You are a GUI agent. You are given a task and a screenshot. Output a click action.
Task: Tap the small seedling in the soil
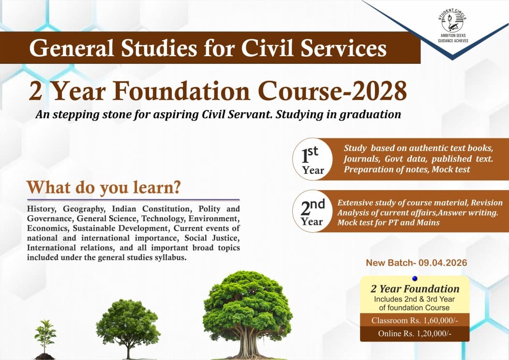(x=45, y=339)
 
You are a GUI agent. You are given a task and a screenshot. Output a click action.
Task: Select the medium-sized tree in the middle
(x=128, y=327)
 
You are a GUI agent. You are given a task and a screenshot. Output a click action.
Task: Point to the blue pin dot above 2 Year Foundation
(x=415, y=278)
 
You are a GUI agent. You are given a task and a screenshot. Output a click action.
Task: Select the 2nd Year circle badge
(x=313, y=211)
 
